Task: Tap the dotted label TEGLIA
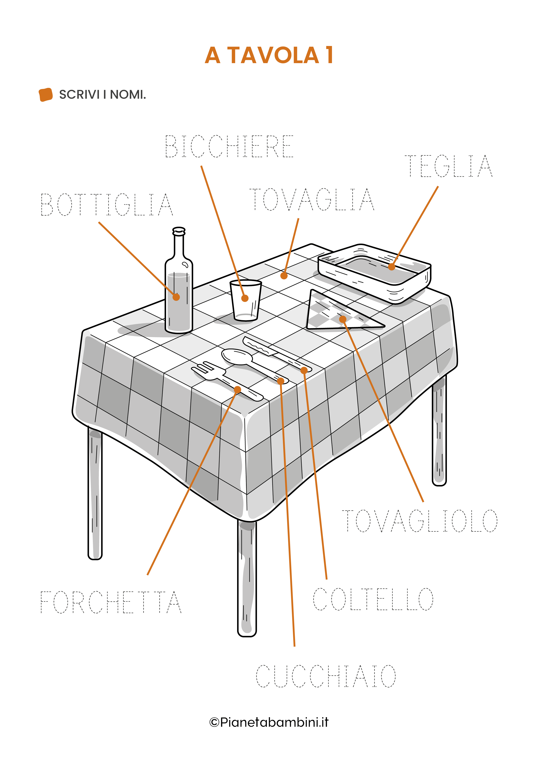[x=448, y=166]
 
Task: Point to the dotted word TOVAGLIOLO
[x=420, y=521]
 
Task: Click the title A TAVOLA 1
[x=269, y=55]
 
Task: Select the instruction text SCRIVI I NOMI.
[x=102, y=95]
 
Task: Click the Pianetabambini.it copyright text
[x=269, y=722]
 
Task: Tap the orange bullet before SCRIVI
[x=46, y=95]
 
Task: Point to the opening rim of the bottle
[x=179, y=230]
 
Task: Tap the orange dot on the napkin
[x=343, y=319]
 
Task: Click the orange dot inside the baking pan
[x=392, y=266]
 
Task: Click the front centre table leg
[x=247, y=578]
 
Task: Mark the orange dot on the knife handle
[x=304, y=371]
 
